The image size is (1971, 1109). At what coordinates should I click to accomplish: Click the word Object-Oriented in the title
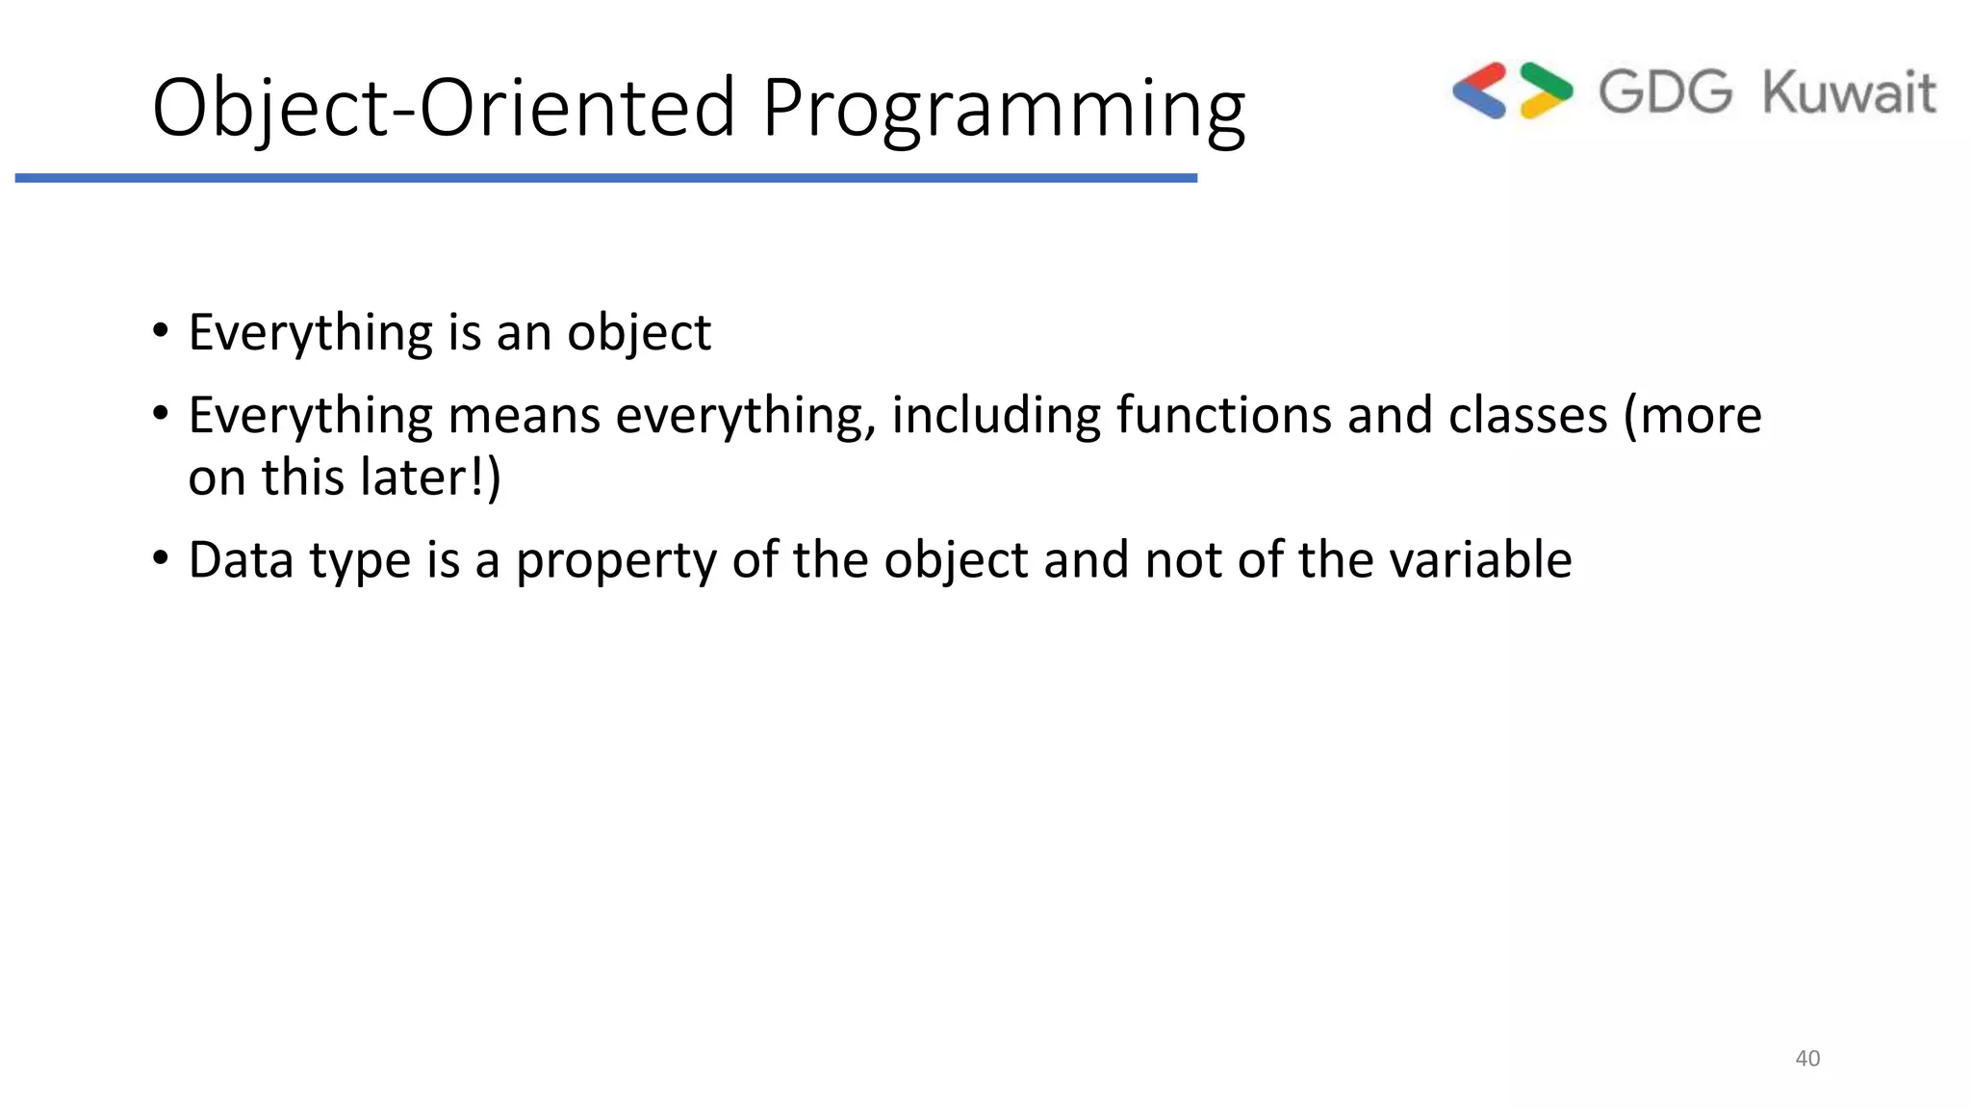pyautogui.click(x=444, y=108)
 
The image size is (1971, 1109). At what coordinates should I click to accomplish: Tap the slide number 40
pyautogui.click(x=1807, y=1058)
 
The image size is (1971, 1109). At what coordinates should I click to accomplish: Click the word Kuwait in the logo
pyautogui.click(x=1848, y=92)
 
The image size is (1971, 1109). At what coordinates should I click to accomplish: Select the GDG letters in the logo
pyautogui.click(x=1665, y=92)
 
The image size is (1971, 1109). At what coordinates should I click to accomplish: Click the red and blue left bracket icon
pyautogui.click(x=1480, y=90)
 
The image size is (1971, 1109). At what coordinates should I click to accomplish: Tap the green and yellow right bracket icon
pyautogui.click(x=1546, y=90)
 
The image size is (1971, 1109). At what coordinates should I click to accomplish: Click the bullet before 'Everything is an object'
pyautogui.click(x=161, y=331)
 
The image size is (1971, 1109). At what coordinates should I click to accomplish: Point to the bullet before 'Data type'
pyautogui.click(x=161, y=558)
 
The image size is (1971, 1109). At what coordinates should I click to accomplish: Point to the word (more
pyautogui.click(x=1692, y=416)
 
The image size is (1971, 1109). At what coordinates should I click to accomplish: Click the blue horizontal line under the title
pyautogui.click(x=606, y=178)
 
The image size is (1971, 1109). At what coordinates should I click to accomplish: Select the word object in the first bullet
pyautogui.click(x=638, y=333)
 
